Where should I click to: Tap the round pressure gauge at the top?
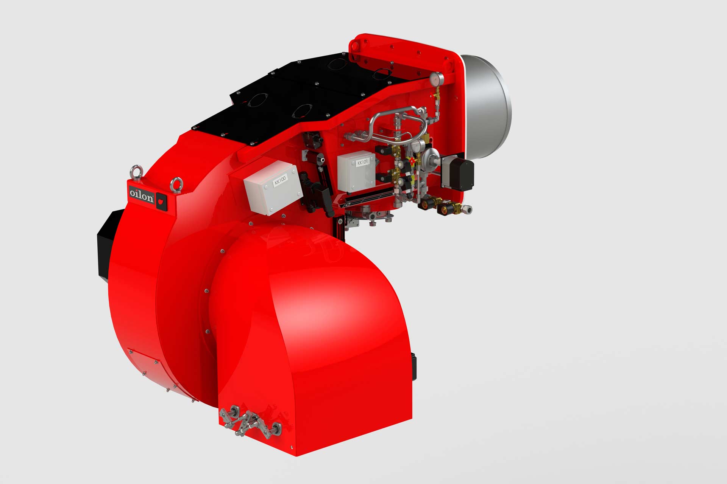coord(435,78)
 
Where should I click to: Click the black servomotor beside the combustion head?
coord(458,173)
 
